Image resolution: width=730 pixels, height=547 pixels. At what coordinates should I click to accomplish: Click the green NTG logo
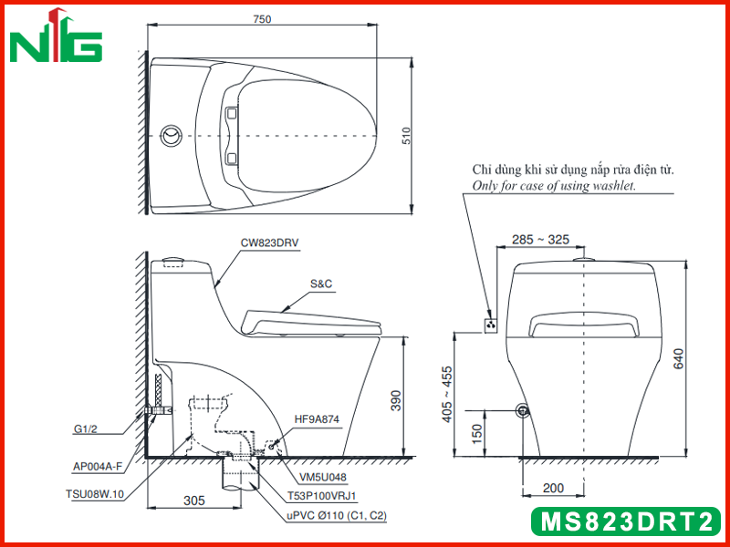point(56,36)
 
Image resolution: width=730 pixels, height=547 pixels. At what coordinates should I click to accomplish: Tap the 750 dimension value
point(262,19)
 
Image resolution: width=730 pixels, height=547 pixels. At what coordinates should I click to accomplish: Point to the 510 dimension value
point(407,136)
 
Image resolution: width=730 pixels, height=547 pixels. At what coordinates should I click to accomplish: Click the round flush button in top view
point(171,136)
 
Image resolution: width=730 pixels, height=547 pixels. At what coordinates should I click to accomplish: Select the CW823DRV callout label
point(269,243)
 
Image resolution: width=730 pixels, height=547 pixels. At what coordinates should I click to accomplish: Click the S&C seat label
point(321,284)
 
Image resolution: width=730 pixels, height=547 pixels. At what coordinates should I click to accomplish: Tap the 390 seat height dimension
point(395,400)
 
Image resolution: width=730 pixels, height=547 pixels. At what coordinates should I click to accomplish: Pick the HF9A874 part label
point(317,419)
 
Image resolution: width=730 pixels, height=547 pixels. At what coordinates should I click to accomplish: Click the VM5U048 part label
point(323,477)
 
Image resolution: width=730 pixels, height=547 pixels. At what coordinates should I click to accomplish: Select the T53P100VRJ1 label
point(322,496)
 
